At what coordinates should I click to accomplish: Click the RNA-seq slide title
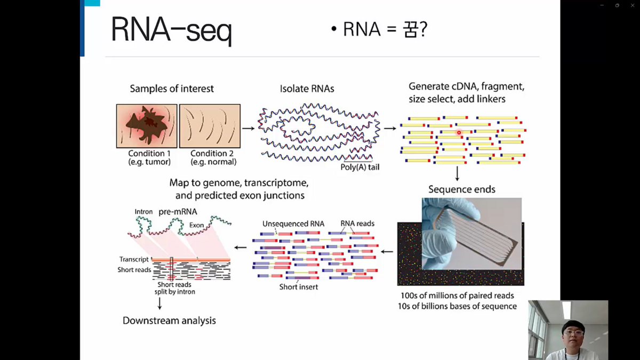click(x=171, y=30)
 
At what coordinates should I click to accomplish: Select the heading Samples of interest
click(x=172, y=89)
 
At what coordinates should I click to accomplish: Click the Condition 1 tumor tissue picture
click(x=147, y=126)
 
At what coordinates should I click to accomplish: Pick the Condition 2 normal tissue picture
click(x=210, y=126)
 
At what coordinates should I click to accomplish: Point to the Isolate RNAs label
click(x=307, y=89)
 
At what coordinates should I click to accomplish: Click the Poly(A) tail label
click(x=360, y=167)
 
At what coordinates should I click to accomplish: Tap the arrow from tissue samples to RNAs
click(x=248, y=128)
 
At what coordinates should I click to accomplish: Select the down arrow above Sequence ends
click(x=457, y=173)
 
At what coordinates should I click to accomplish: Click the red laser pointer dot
click(x=459, y=133)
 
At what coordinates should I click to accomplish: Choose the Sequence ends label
click(x=462, y=189)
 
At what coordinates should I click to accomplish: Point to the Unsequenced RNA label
click(x=293, y=223)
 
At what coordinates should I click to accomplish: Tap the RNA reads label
click(x=357, y=223)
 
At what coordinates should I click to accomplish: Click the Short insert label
click(x=299, y=287)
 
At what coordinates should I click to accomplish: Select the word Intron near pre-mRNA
click(x=143, y=212)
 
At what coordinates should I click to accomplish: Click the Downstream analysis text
click(x=169, y=321)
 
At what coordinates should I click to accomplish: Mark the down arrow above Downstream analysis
click(x=159, y=303)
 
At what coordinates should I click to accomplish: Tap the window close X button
click(x=633, y=5)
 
